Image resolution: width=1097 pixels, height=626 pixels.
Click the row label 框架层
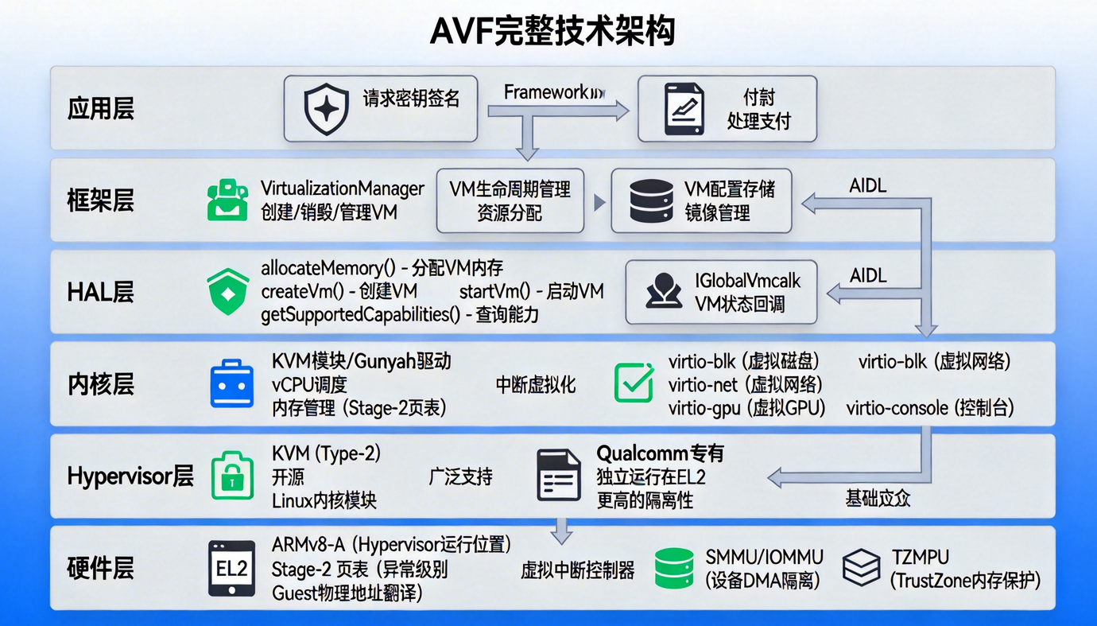click(100, 200)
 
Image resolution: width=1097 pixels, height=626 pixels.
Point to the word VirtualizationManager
click(343, 189)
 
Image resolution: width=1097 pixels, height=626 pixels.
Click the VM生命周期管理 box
click(510, 200)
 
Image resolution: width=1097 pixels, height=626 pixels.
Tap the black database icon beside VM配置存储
click(650, 200)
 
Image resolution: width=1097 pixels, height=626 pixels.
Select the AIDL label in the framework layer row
click(868, 186)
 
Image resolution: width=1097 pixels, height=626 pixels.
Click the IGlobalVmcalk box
click(721, 292)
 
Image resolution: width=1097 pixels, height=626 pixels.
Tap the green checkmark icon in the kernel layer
click(634, 383)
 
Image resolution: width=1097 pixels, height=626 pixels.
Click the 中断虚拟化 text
click(536, 385)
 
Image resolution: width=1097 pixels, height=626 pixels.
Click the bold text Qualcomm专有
click(660, 454)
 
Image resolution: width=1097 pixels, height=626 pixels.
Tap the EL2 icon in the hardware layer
click(232, 568)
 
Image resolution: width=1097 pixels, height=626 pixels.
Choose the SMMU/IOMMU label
click(764, 557)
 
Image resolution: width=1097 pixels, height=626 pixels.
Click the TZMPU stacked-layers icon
click(861, 568)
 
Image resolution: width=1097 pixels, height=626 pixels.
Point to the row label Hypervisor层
click(130, 476)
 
